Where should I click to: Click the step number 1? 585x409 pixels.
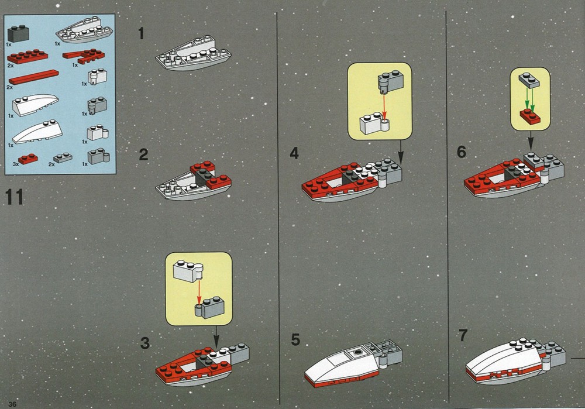pos(141,33)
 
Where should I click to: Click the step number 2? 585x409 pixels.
pos(144,155)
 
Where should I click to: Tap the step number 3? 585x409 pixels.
pos(144,343)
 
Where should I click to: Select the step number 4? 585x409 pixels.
pos(294,153)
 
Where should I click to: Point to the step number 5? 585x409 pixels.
pos(295,339)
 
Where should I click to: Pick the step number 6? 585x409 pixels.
pos(462,152)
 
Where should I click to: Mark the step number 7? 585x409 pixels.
pos(463,335)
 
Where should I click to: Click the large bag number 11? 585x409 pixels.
pos(15,197)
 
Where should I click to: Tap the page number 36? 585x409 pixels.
pos(12,404)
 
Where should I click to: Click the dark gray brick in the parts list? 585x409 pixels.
pos(18,33)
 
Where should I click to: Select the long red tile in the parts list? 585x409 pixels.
pos(33,77)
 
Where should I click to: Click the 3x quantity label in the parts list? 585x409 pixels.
pos(16,164)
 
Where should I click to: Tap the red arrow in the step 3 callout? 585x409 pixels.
pos(199,292)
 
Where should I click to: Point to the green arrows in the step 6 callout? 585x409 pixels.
pos(530,99)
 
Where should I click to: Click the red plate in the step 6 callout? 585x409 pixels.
pos(530,116)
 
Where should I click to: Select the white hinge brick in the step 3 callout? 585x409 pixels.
pos(188,271)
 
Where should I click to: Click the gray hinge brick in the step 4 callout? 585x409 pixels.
pos(390,82)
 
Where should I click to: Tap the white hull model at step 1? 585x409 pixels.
pos(193,53)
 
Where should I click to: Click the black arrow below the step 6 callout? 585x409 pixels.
pos(531,141)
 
